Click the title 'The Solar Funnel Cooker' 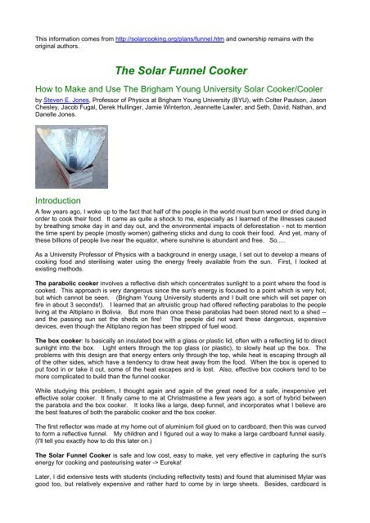pyautogui.click(x=185, y=71)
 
